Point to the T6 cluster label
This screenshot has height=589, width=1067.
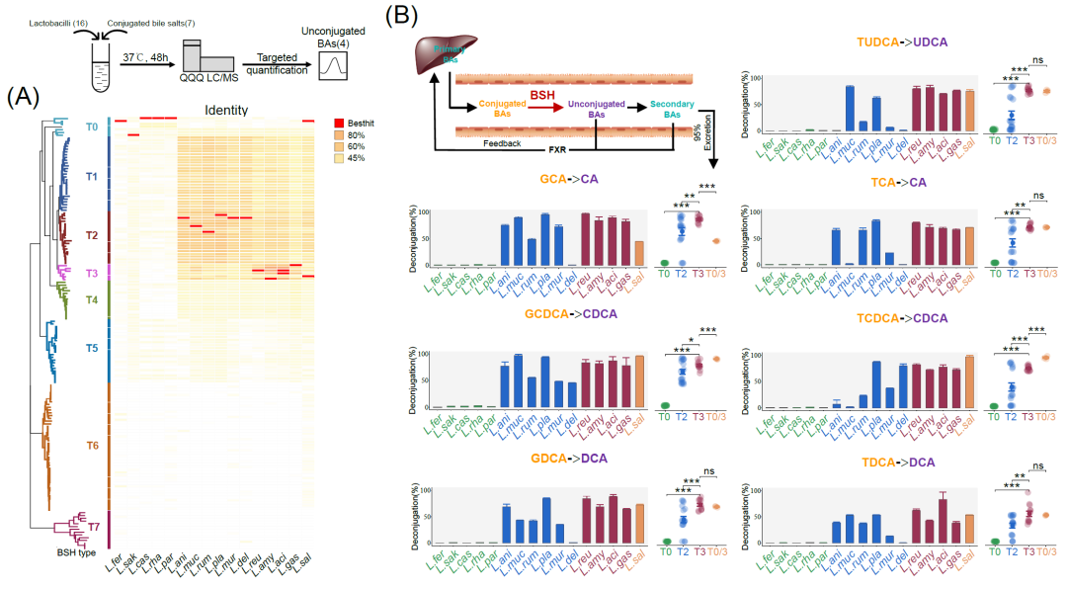click(92, 446)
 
